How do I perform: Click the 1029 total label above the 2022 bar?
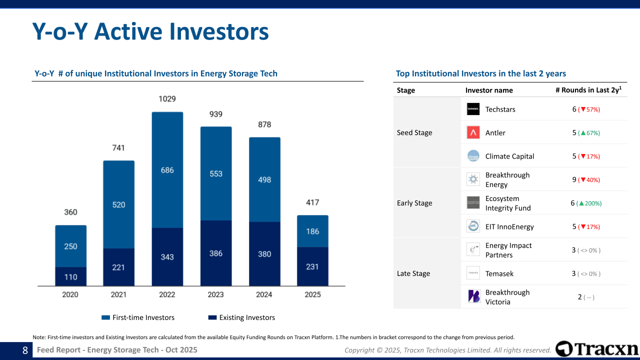coord(167,99)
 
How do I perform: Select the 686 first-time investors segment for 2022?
coord(167,170)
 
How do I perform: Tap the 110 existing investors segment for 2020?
coord(71,276)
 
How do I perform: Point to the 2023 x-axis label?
coord(215,294)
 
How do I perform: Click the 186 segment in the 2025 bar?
coord(312,231)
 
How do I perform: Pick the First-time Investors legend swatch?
coord(105,317)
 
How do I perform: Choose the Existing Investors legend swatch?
coord(212,317)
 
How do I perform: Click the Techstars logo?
coord(473,109)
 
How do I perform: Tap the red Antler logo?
coord(473,132)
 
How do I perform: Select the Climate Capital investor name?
coord(509,156)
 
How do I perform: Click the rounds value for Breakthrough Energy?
coord(574,179)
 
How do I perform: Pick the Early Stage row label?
coord(414,203)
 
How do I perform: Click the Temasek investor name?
coord(499,273)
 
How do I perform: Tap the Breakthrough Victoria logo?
coord(473,296)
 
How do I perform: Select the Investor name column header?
coord(489,90)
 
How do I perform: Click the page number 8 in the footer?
coord(25,350)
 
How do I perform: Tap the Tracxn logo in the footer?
coord(597,349)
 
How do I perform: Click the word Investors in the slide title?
coord(219,31)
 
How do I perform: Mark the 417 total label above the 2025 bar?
coord(312,202)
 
